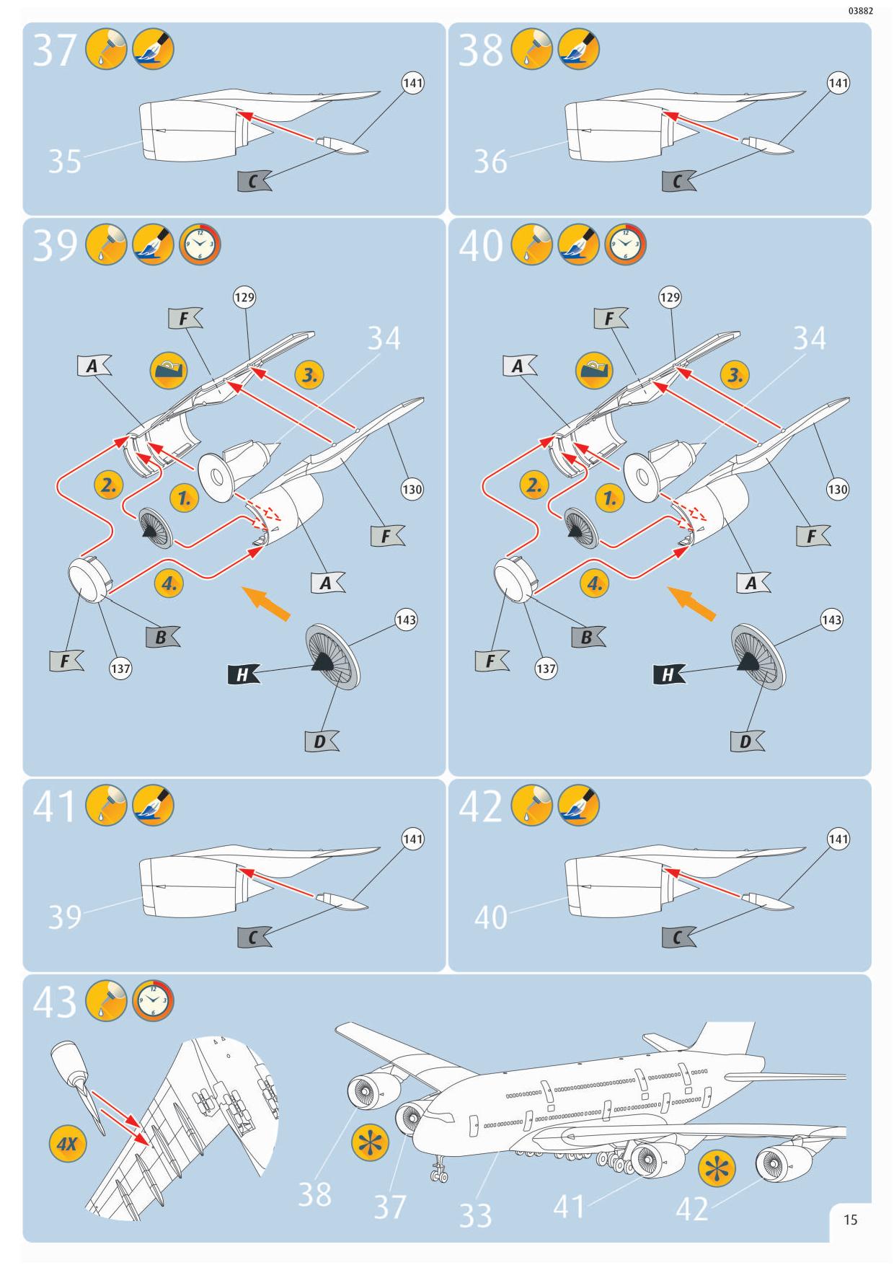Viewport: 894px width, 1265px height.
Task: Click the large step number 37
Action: click(55, 51)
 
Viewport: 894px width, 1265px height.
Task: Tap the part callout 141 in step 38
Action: click(838, 84)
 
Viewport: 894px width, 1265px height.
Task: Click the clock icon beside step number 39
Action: click(200, 245)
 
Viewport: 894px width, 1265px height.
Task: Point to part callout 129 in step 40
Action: click(670, 297)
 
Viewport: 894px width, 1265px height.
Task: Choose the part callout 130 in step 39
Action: click(412, 490)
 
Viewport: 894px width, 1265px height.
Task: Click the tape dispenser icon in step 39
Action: click(169, 371)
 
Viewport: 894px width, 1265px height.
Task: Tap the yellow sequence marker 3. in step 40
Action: click(735, 375)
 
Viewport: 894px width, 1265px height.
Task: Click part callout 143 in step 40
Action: click(831, 620)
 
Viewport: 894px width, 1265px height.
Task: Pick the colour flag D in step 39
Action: click(321, 741)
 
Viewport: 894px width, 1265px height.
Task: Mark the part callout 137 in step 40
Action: click(546, 669)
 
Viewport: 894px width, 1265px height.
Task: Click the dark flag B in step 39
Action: click(162, 637)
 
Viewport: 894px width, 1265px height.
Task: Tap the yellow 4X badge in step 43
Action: click(67, 1144)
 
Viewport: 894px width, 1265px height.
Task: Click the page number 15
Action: click(851, 1220)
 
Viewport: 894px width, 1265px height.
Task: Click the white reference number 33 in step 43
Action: click(476, 1215)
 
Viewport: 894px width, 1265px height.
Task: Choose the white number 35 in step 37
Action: click(65, 162)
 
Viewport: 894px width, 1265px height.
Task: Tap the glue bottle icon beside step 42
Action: click(531, 806)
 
